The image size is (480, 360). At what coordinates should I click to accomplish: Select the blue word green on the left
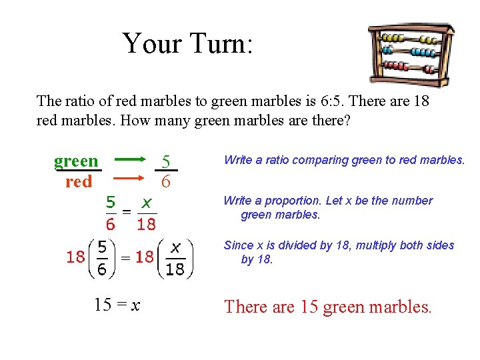pyautogui.click(x=76, y=161)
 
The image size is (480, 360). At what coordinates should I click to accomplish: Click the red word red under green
pyautogui.click(x=79, y=181)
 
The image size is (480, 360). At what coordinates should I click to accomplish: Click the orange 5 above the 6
pyautogui.click(x=167, y=161)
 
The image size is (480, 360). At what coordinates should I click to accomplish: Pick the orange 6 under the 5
pyautogui.click(x=167, y=181)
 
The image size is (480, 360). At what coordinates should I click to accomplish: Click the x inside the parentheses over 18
pyautogui.click(x=175, y=247)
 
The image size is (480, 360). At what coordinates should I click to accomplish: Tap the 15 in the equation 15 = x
pyautogui.click(x=103, y=306)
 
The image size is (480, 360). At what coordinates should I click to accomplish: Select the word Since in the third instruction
pyautogui.click(x=236, y=245)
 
